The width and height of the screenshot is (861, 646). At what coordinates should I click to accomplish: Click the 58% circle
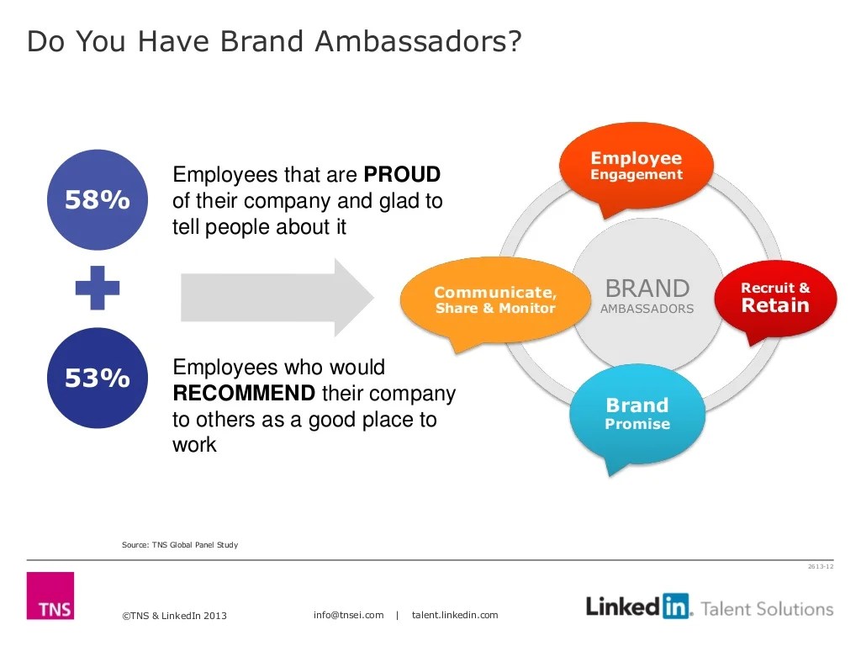98,200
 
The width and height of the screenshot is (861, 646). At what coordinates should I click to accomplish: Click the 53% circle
98,379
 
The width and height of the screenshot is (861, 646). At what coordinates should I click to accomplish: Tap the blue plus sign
98,289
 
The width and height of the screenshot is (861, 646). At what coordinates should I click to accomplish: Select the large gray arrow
277,297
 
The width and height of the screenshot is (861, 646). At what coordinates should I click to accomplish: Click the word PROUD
402,175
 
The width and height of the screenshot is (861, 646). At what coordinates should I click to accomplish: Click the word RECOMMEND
244,394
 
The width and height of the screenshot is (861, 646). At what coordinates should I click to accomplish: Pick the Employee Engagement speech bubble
637,166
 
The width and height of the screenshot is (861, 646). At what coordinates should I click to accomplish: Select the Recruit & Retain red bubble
775,299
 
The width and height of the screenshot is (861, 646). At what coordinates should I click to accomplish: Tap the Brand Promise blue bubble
637,413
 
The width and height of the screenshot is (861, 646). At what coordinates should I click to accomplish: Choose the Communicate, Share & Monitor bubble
495,299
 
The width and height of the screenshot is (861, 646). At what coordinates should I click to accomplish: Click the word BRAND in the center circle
647,289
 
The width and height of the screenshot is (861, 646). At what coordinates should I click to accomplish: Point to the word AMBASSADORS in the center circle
647,309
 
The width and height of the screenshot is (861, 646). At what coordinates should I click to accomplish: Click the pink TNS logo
50,596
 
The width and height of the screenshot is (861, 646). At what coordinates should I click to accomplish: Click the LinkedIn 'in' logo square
675,606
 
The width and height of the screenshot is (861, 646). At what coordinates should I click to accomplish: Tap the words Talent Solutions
766,608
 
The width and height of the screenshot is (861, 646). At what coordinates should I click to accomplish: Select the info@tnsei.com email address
348,615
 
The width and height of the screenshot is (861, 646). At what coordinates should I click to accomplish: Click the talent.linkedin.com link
455,615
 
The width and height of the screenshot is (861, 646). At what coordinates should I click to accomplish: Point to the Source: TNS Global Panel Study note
180,545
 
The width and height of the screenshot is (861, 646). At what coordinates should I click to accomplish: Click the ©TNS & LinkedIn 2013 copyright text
175,616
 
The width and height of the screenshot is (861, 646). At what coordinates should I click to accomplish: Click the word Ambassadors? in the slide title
418,40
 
